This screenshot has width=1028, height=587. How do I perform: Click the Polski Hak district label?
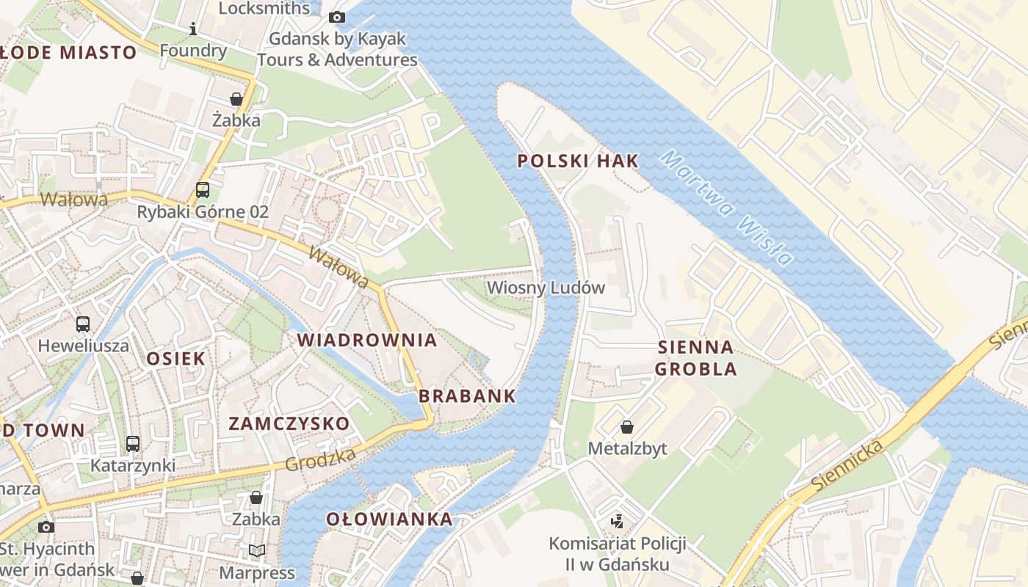(x=578, y=161)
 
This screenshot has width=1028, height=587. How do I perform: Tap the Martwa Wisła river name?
(x=726, y=207)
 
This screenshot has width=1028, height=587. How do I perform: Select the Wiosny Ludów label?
(x=546, y=288)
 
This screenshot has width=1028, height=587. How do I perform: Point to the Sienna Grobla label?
(x=695, y=357)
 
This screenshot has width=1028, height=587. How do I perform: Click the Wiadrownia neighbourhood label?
(x=367, y=340)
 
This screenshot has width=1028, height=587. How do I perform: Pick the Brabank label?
(x=467, y=396)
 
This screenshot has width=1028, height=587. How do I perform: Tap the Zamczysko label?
(x=289, y=423)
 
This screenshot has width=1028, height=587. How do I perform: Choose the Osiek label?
(x=175, y=358)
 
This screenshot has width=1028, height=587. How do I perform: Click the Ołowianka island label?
(x=389, y=519)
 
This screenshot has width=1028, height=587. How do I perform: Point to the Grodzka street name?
(x=320, y=460)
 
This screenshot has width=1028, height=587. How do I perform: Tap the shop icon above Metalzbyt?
(x=627, y=426)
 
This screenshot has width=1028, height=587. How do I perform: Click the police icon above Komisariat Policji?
(x=618, y=522)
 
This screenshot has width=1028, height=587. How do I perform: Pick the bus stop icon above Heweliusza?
(x=83, y=324)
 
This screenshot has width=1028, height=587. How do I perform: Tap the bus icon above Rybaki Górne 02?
(x=202, y=190)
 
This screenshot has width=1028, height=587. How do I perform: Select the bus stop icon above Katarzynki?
(x=132, y=443)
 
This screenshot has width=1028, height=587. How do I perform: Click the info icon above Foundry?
(x=193, y=29)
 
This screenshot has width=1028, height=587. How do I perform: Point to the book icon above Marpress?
(x=256, y=550)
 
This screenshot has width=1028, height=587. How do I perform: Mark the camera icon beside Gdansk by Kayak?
(x=337, y=17)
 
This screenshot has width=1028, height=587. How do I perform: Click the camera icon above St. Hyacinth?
(x=46, y=527)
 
